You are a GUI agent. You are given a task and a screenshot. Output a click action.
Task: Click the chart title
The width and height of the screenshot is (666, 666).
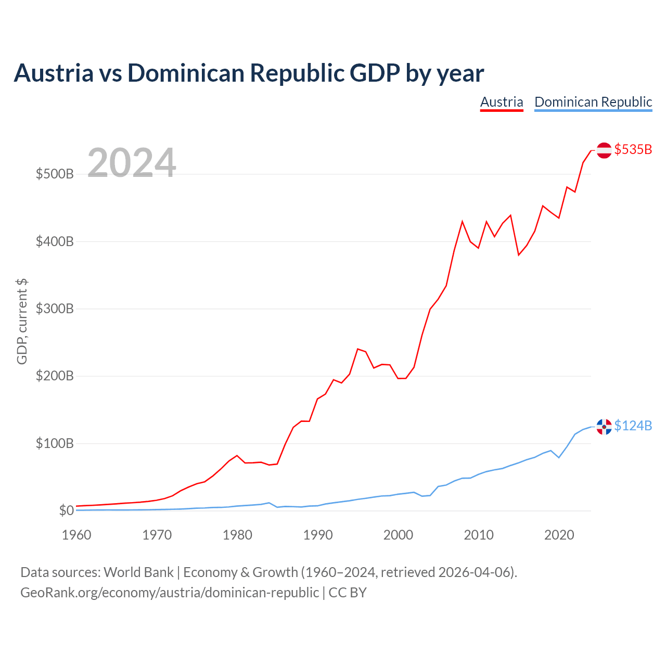tap(249, 73)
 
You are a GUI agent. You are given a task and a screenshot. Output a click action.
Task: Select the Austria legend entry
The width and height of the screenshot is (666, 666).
tap(502, 103)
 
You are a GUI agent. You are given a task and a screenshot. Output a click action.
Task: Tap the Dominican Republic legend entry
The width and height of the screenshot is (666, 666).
tap(593, 103)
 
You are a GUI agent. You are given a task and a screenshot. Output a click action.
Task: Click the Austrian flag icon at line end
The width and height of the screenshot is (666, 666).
tap(604, 150)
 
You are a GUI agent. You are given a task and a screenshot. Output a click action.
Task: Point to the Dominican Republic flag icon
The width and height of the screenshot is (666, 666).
tap(604, 427)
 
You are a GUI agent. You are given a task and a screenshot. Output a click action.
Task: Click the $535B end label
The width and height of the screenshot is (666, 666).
tap(633, 149)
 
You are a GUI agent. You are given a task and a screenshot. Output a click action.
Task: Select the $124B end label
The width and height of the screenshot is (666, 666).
tap(633, 426)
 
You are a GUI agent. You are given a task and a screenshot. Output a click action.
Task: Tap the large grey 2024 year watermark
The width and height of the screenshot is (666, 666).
tap(132, 162)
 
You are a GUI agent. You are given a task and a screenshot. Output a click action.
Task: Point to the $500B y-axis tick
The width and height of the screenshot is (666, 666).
tap(55, 174)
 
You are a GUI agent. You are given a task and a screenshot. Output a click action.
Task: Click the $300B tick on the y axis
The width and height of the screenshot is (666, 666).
tap(55, 309)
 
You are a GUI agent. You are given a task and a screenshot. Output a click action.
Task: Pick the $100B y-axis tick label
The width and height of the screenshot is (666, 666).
tap(55, 443)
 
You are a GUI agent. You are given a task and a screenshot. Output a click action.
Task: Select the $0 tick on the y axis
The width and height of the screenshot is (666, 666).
tap(67, 510)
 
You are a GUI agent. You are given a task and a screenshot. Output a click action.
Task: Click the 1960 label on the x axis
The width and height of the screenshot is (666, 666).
tap(76, 535)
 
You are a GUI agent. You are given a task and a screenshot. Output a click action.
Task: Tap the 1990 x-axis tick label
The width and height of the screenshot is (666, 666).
tap(317, 535)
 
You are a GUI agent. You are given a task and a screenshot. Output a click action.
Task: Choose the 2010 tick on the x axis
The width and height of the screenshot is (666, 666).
tap(479, 535)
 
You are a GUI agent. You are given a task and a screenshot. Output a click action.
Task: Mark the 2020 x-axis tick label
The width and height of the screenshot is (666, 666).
tap(559, 535)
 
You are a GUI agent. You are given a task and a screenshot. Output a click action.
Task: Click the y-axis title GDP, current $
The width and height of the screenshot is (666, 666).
tap(22, 322)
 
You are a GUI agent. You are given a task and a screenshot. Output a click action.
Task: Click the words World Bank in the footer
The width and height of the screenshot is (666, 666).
tap(138, 572)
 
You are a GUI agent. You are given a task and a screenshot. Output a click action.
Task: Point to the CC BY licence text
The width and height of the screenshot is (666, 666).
tap(348, 593)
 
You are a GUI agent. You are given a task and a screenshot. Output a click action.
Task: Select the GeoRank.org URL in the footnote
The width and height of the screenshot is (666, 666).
tap(170, 593)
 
